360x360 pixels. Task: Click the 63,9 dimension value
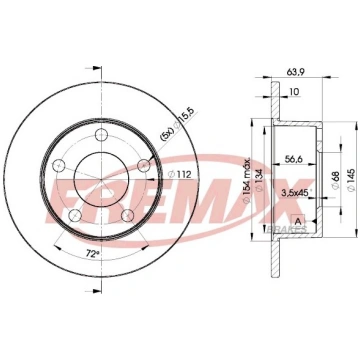pos(294,71)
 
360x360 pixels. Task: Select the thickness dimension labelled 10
pos(294,91)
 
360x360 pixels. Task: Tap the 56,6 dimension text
pos(294,159)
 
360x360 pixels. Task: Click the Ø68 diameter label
pos(336,180)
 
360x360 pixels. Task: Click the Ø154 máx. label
pos(247,180)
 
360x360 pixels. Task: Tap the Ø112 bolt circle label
pos(179,174)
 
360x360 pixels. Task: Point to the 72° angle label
pos(92,253)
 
